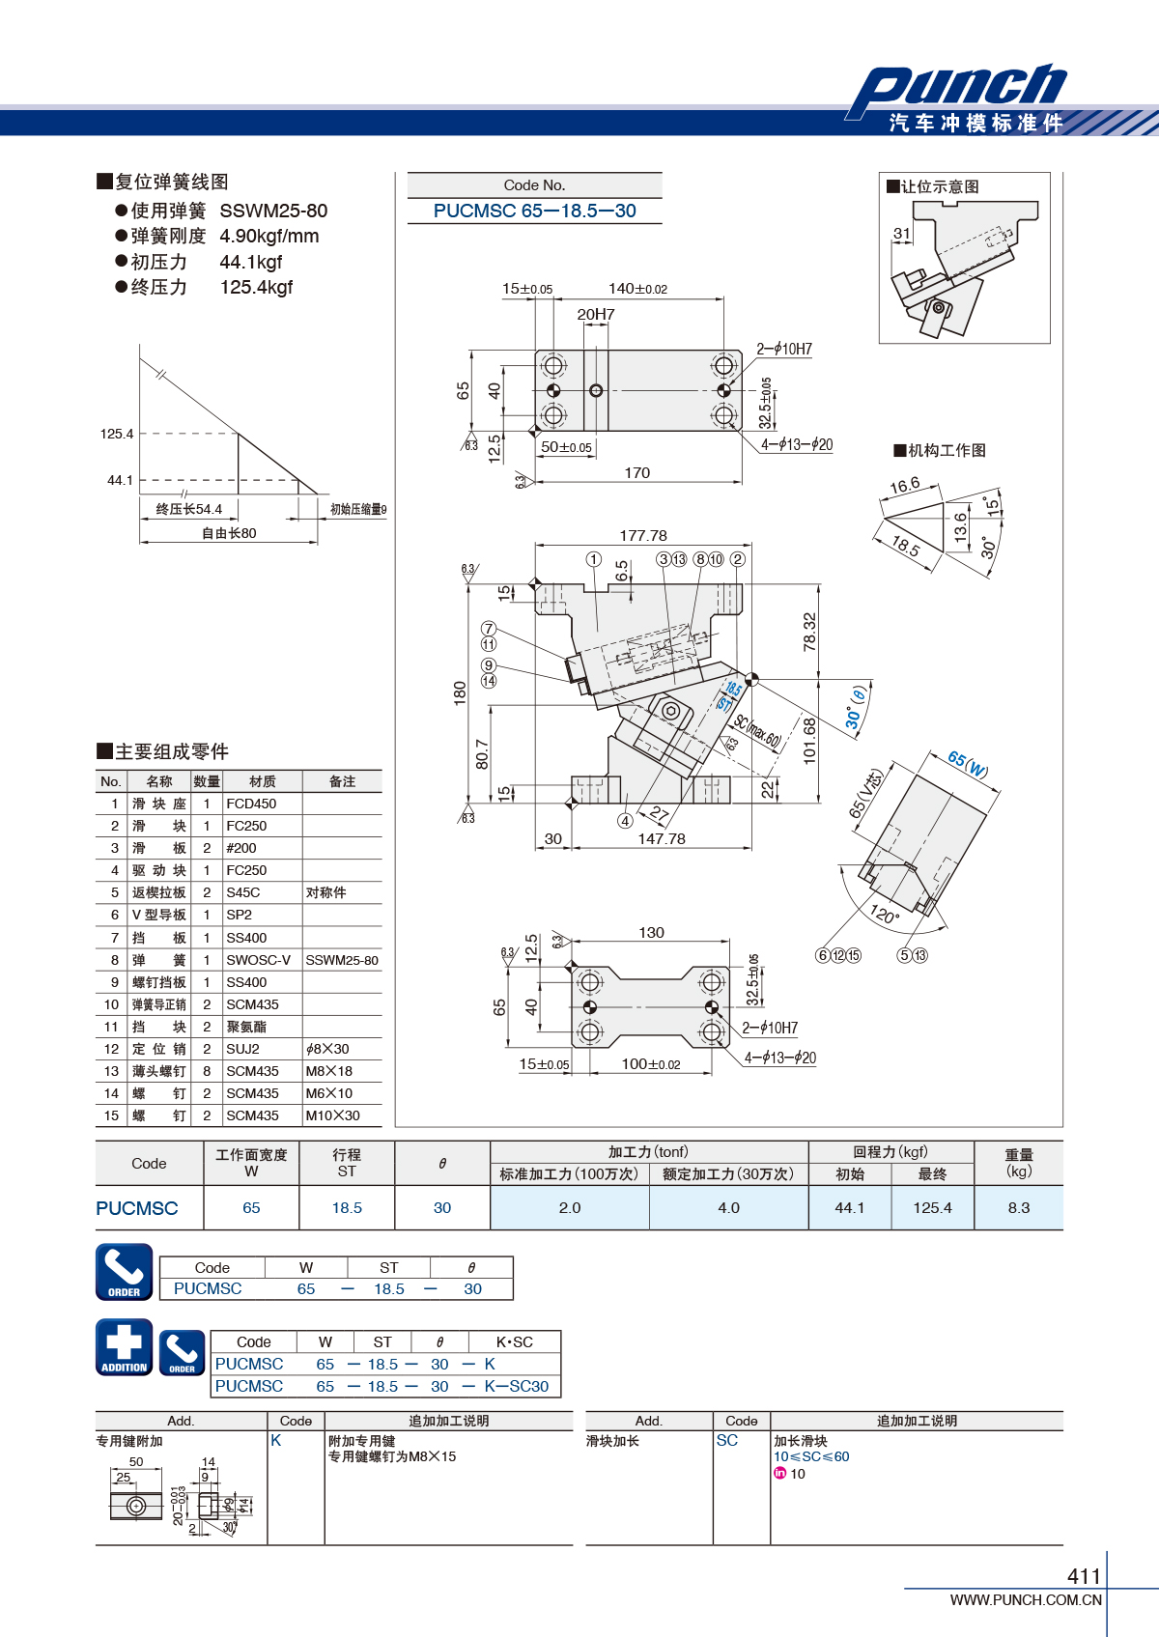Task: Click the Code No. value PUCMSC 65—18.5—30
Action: [x=534, y=212]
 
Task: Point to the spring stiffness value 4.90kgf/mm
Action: [x=269, y=236]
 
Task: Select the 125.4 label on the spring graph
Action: [x=117, y=434]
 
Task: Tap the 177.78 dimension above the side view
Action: [x=643, y=536]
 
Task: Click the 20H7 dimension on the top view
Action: [x=596, y=314]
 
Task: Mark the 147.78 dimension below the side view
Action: [x=662, y=839]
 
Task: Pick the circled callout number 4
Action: [x=625, y=821]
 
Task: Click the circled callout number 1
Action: [x=593, y=559]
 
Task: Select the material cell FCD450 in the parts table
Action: [x=251, y=804]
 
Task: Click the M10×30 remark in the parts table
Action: [x=332, y=1115]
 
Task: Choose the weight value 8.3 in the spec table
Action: [x=1019, y=1207]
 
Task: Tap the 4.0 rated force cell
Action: [x=728, y=1207]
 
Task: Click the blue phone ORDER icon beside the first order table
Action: [x=125, y=1272]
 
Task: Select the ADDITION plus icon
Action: [x=125, y=1347]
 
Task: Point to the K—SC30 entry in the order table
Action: [x=517, y=1386]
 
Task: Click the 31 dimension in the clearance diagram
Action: [x=902, y=234]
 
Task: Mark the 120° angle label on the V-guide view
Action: [x=885, y=914]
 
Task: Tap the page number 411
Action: [x=1084, y=1575]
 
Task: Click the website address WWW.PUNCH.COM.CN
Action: [x=1026, y=1599]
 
